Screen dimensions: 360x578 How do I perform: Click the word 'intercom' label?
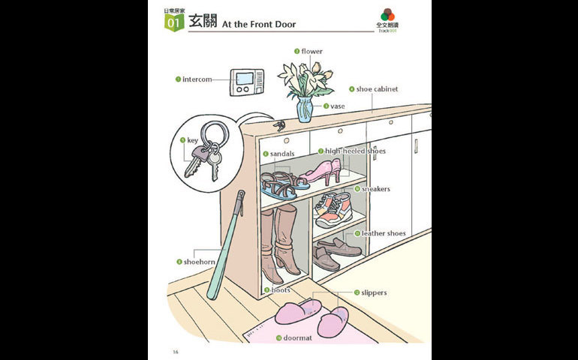197,79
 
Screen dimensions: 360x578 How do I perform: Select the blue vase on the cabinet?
304,109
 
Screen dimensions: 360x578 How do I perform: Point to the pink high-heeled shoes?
321,172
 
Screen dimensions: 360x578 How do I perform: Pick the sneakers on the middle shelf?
333,209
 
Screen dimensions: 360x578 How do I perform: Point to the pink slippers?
315,315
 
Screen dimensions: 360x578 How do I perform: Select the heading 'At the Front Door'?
259,25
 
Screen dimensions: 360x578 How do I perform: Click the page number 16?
175,351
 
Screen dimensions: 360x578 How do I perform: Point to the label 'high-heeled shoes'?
355,151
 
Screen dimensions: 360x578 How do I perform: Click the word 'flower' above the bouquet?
312,52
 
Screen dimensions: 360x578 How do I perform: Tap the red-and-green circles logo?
387,15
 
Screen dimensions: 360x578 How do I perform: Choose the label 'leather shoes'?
384,234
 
